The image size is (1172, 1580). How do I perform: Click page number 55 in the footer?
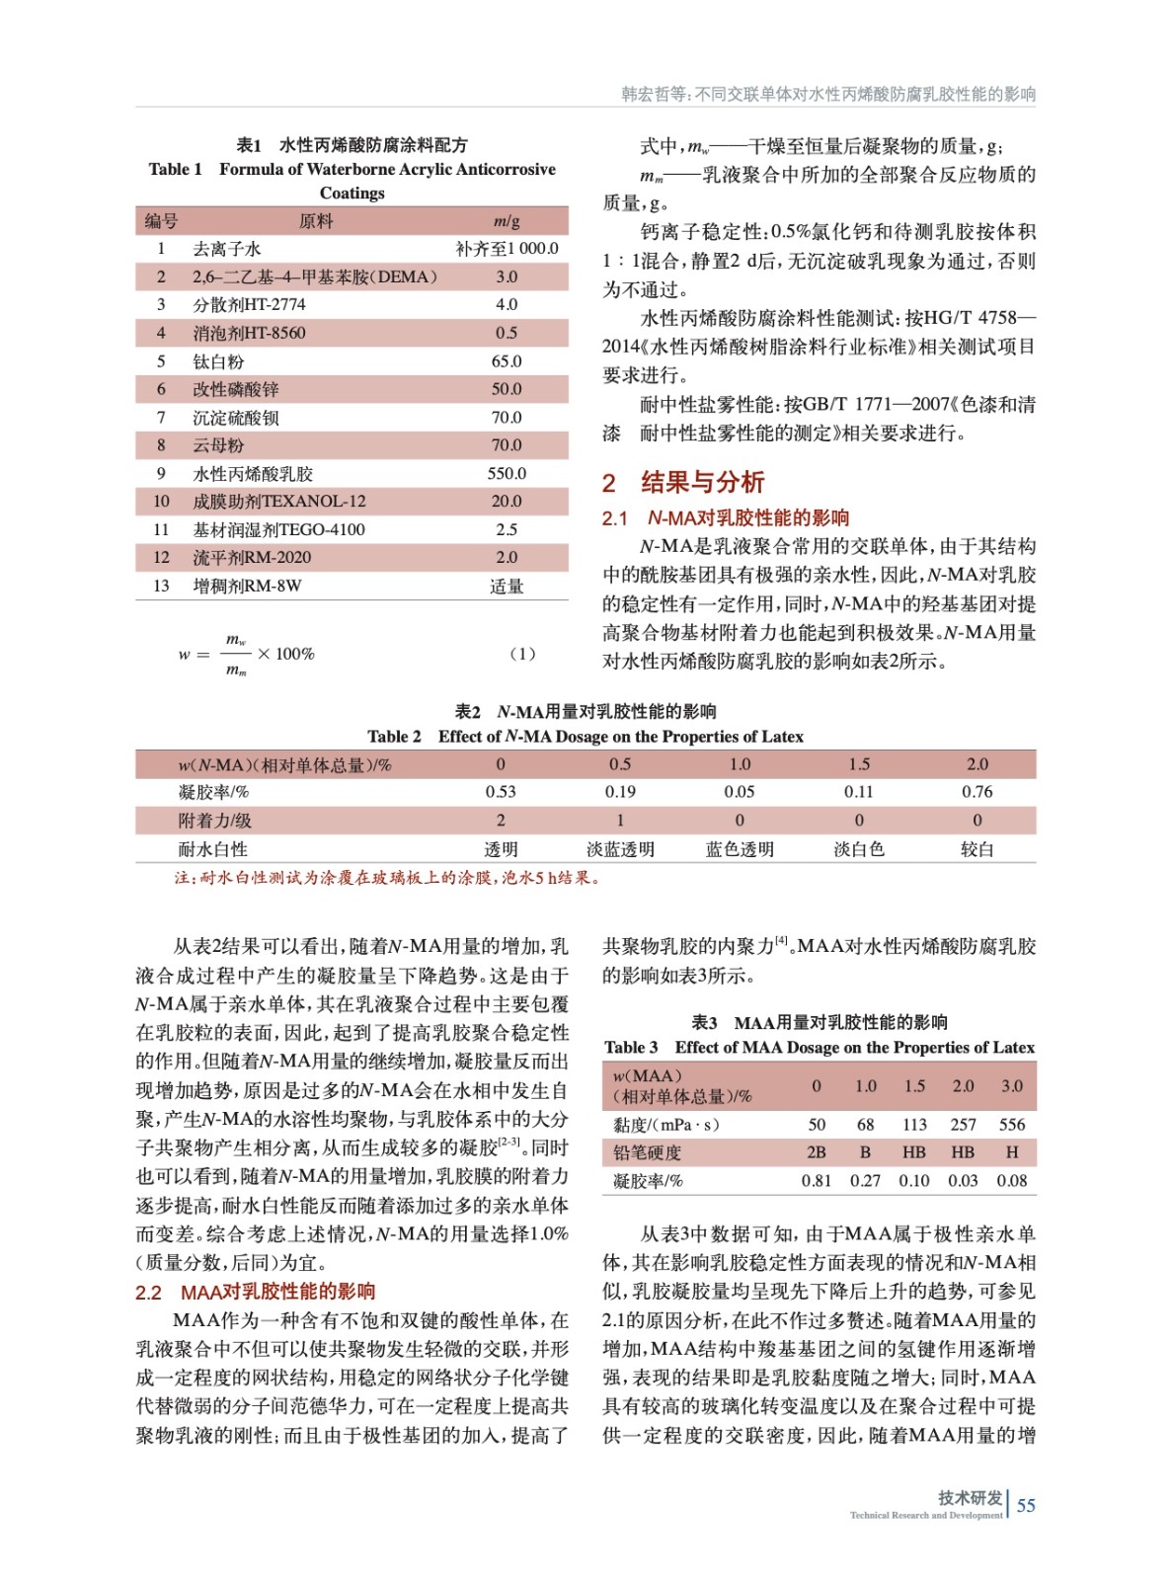point(1026,1505)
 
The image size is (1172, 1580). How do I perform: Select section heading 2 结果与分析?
point(683,482)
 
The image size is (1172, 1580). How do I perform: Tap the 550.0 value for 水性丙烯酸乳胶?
point(507,473)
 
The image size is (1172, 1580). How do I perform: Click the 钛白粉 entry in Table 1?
point(218,361)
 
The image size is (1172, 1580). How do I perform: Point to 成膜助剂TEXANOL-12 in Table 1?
point(279,501)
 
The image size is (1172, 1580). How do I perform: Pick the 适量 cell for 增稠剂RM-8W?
point(507,586)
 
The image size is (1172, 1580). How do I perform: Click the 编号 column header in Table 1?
point(161,220)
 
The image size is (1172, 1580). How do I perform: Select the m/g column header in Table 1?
point(507,220)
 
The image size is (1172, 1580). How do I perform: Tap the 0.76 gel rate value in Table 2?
point(977,791)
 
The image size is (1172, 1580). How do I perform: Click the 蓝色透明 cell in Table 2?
point(740,848)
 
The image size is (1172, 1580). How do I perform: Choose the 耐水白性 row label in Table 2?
point(212,848)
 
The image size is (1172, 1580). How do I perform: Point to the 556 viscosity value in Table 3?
point(1011,1124)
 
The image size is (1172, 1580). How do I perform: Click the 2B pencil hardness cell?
point(816,1151)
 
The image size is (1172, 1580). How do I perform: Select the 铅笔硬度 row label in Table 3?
point(647,1151)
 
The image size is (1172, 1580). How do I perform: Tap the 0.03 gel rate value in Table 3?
point(963,1180)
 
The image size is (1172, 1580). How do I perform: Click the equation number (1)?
point(522,653)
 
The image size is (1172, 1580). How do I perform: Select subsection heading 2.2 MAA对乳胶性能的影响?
point(255,1291)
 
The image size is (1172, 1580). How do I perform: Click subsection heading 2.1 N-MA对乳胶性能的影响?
point(726,517)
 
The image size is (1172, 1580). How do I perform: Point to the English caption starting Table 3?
point(820,1047)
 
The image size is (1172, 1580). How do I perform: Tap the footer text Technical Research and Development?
point(925,1515)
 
